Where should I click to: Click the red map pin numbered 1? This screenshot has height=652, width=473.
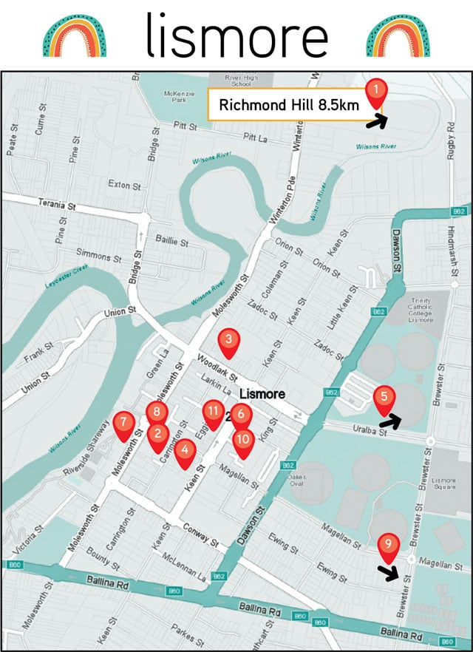point(377,92)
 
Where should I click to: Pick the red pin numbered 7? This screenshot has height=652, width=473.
point(123,424)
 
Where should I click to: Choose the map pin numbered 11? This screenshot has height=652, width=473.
point(213,412)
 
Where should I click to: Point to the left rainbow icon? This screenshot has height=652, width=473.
point(74,35)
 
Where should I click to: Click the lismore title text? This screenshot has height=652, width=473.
point(236,35)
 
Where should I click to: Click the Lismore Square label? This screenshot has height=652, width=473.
point(445,484)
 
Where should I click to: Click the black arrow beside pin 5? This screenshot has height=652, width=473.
point(389,421)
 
